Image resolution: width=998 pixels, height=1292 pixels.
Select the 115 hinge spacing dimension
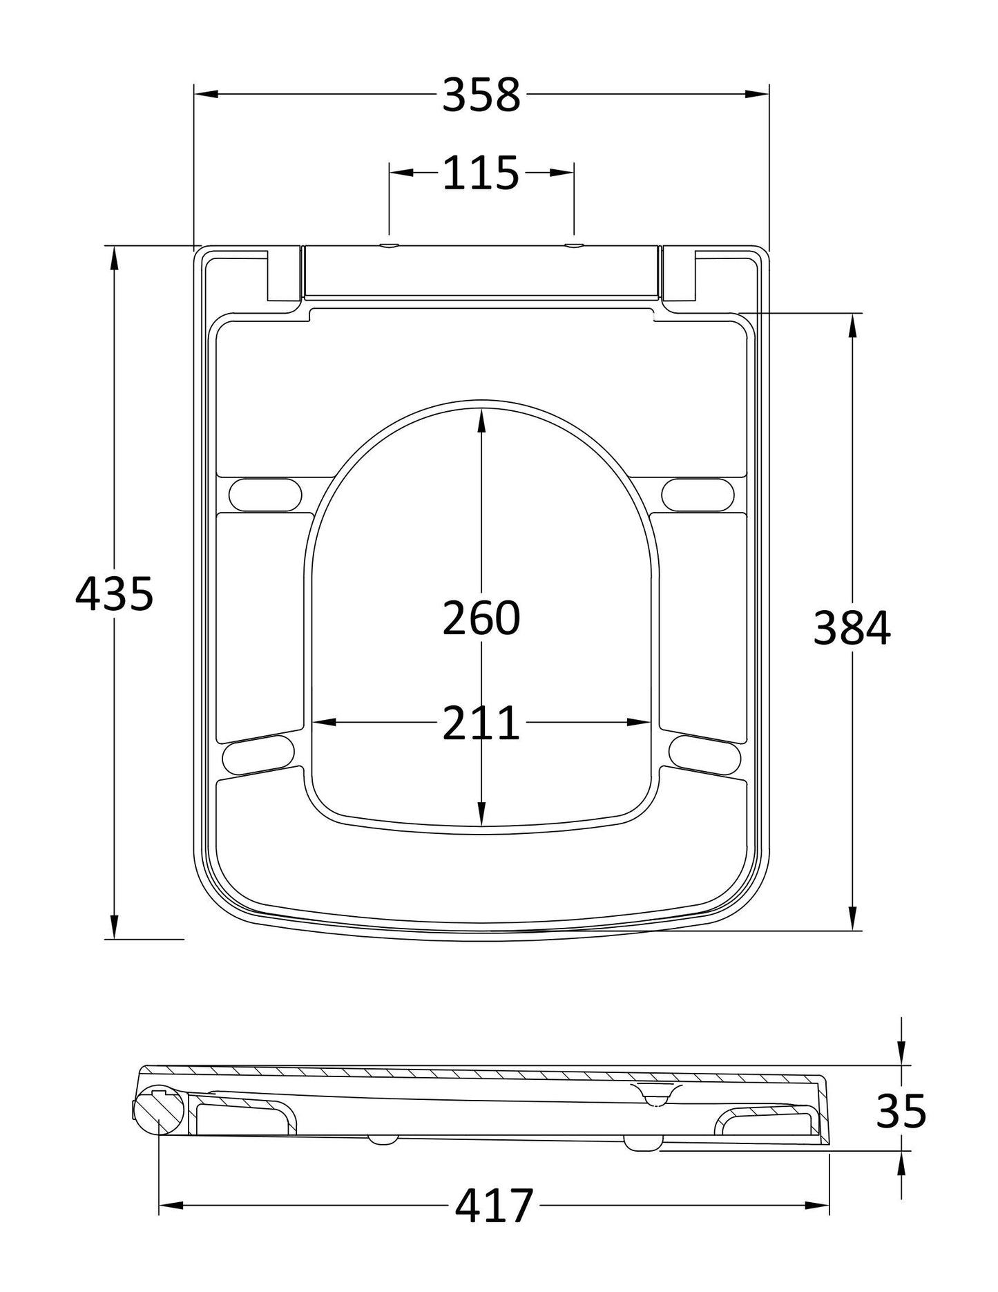(481, 173)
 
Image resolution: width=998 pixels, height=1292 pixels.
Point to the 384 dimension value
(852, 628)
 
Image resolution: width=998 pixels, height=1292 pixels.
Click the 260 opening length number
(481, 618)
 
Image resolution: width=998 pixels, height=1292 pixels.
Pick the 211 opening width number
(481, 723)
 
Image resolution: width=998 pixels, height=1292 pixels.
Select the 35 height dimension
(901, 1112)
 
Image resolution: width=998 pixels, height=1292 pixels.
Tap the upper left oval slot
(265, 494)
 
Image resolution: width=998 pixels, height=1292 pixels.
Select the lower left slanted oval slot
(259, 754)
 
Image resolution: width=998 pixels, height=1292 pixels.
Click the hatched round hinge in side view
(158, 1111)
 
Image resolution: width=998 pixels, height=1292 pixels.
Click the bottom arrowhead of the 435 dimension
(113, 926)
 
